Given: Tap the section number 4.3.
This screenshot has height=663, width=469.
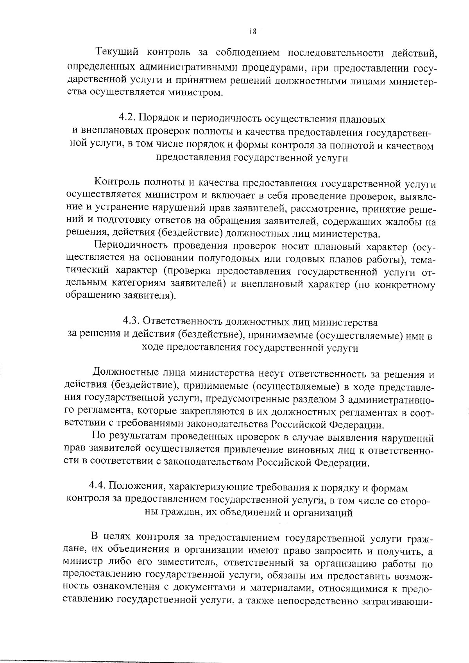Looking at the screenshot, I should coord(132,322).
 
